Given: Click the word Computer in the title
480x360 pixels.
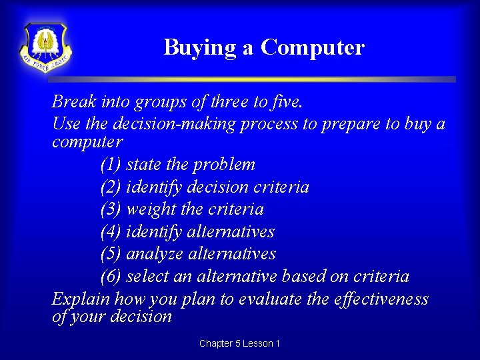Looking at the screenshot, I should pyautogui.click(x=313, y=47).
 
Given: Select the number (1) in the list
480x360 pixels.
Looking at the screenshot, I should pyautogui.click(x=111, y=165).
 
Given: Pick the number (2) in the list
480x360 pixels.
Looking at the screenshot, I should pyautogui.click(x=111, y=187).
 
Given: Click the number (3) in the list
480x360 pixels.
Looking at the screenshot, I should pyautogui.click(x=111, y=209).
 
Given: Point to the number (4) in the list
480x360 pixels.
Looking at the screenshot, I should pyautogui.click(x=111, y=232).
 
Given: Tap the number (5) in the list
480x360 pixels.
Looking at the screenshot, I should pyautogui.click(x=111, y=254).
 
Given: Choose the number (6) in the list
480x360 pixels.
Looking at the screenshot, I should pyautogui.click(x=111, y=277).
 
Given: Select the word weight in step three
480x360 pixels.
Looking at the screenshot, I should pyautogui.click(x=151, y=209).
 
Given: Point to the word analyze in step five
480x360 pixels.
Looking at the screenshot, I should pyautogui.click(x=155, y=254).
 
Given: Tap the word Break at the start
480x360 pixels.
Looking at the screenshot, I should pyautogui.click(x=73, y=102).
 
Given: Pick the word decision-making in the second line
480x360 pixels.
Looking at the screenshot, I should pyautogui.click(x=181, y=125).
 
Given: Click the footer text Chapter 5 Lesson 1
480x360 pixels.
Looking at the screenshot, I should pyautogui.click(x=239, y=343).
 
